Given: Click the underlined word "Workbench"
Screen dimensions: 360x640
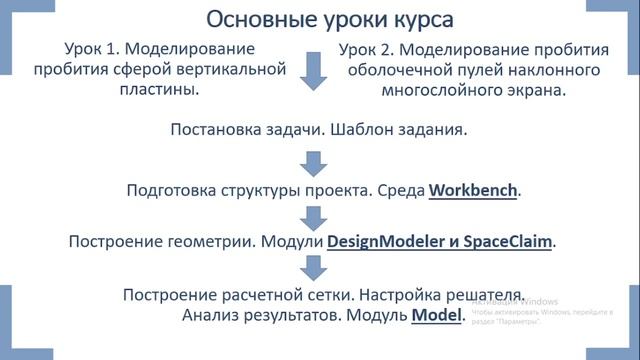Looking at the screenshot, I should pyautogui.click(x=474, y=189).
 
